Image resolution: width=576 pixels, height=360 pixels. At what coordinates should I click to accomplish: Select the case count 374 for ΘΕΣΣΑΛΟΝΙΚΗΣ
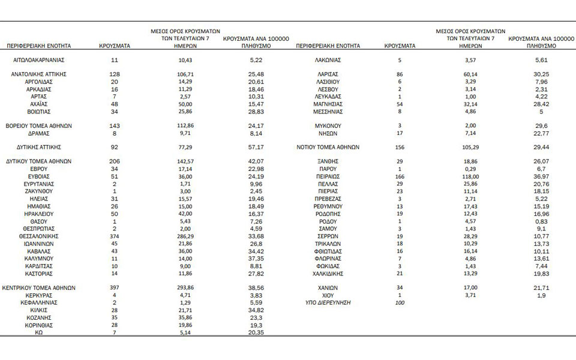point(114,236)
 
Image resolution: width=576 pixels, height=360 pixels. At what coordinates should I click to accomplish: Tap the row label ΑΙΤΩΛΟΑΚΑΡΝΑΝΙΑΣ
point(39,61)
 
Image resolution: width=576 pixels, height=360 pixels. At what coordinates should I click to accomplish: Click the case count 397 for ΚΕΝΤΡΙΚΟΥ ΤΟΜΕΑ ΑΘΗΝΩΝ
point(114,288)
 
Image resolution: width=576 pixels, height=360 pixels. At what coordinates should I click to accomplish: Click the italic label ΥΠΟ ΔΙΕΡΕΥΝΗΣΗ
point(328,303)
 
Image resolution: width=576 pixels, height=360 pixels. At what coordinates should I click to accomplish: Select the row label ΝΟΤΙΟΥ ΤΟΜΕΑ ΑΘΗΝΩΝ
point(328,146)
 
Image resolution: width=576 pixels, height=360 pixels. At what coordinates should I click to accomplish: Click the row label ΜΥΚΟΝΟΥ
point(328,126)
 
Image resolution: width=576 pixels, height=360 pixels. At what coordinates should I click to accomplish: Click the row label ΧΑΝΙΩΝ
point(328,288)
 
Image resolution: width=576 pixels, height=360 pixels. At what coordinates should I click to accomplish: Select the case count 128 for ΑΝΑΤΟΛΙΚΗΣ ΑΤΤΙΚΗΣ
point(114,73)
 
